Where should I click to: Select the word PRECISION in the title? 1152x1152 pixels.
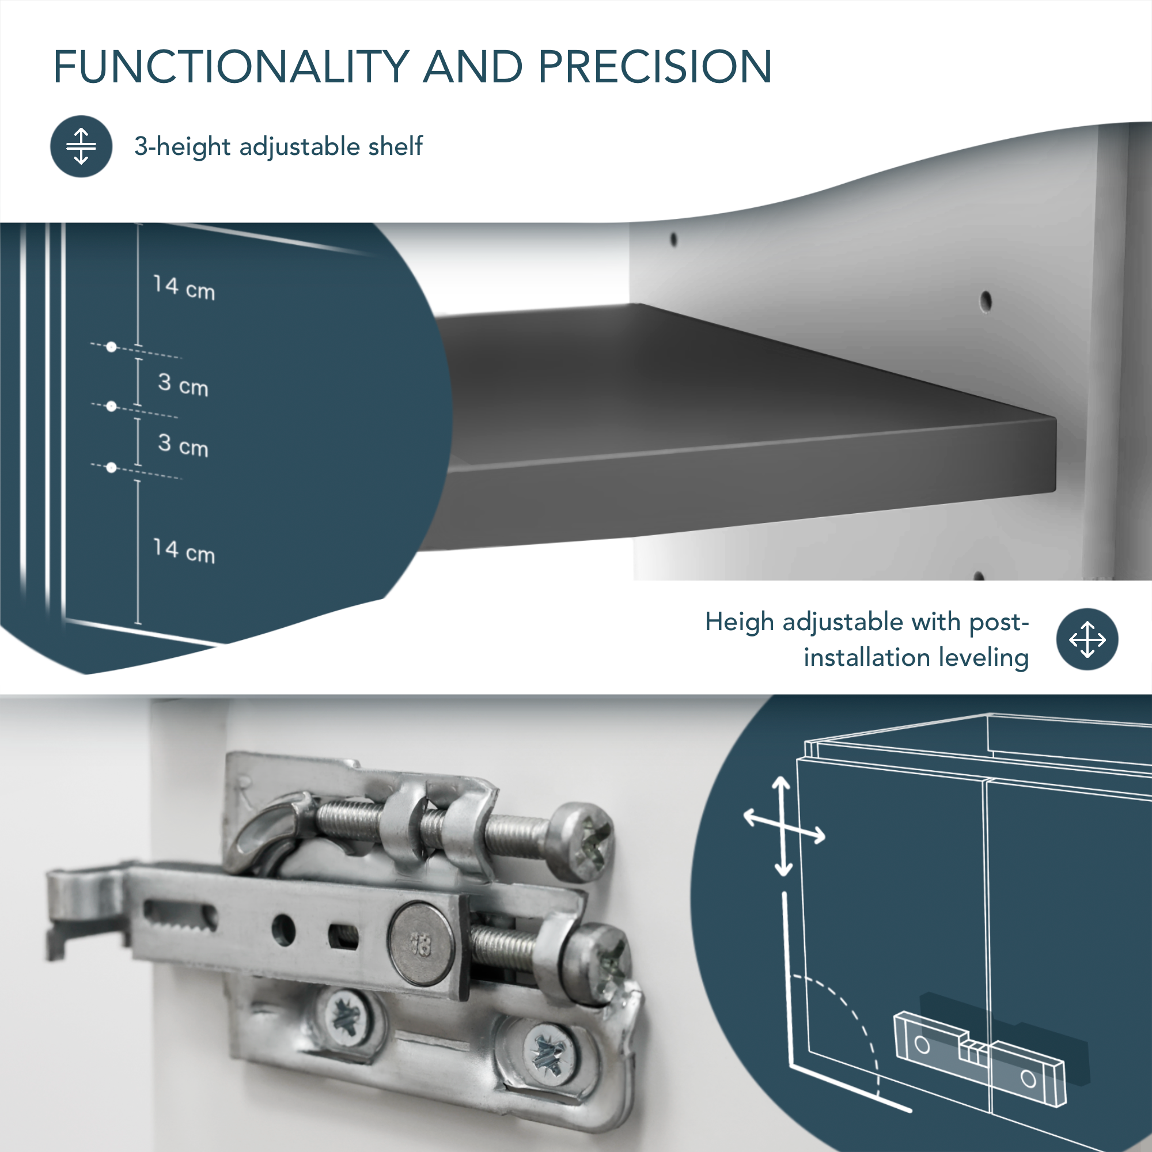(655, 66)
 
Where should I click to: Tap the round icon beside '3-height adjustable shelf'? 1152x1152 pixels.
(81, 146)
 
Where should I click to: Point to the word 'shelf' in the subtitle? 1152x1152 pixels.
(395, 146)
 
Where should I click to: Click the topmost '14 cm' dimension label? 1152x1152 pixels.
(184, 288)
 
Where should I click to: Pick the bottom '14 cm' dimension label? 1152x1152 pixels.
(184, 551)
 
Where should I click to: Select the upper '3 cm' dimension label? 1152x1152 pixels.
(183, 384)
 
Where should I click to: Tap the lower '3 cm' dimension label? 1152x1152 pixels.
(183, 445)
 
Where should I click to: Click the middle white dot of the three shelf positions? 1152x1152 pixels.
(111, 407)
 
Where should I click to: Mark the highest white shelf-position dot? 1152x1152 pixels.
(111, 347)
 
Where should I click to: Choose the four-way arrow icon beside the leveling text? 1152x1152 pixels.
(1087, 639)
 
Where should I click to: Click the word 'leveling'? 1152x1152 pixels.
(984, 658)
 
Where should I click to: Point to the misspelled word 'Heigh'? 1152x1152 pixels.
(740, 623)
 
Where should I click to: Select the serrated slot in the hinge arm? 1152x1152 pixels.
(180, 915)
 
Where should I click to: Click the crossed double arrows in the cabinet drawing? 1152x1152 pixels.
(783, 826)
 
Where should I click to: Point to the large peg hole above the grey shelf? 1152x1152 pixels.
(986, 301)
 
